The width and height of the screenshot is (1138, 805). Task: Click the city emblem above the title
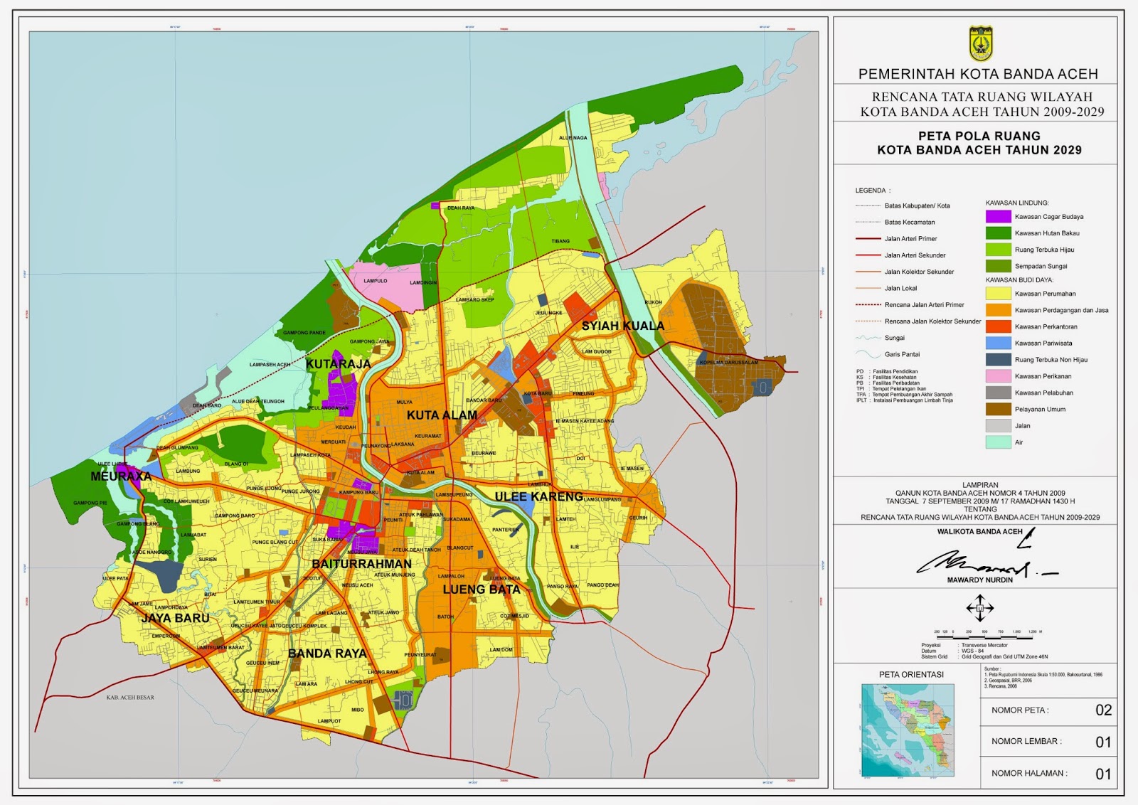pyautogui.click(x=980, y=44)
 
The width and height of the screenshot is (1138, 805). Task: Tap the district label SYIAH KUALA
pyautogui.click(x=622, y=326)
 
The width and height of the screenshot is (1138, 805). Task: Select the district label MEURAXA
pyautogui.click(x=121, y=476)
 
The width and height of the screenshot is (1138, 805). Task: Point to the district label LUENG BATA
pyautogui.click(x=482, y=590)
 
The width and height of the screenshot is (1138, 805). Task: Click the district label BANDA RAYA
pyautogui.click(x=327, y=653)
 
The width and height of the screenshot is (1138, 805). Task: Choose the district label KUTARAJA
pyautogui.click(x=338, y=364)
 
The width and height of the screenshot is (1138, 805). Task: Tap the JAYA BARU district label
pyautogui.click(x=175, y=618)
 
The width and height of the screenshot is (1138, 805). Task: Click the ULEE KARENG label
pyautogui.click(x=538, y=496)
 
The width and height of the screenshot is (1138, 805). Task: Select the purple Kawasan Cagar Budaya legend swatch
pyautogui.click(x=998, y=216)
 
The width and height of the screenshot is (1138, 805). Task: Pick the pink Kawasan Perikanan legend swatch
pyautogui.click(x=998, y=376)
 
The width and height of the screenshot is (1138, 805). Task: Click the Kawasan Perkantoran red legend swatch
pyautogui.click(x=998, y=326)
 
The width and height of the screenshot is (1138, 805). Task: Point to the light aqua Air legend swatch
pyautogui.click(x=998, y=442)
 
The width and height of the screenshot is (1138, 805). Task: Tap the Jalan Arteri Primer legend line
pyautogui.click(x=868, y=239)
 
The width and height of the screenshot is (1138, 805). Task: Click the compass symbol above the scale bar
pyautogui.click(x=979, y=608)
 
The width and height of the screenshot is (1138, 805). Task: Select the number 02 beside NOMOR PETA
pyautogui.click(x=1103, y=710)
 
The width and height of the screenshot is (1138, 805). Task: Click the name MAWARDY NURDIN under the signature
pyautogui.click(x=979, y=580)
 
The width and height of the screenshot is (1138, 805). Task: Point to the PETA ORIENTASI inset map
pyautogui.click(x=908, y=730)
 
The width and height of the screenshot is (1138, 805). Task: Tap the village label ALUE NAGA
pyautogui.click(x=573, y=138)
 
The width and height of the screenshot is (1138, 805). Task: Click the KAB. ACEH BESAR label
pyautogui.click(x=130, y=698)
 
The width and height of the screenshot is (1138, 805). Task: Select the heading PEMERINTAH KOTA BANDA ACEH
pyautogui.click(x=978, y=74)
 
